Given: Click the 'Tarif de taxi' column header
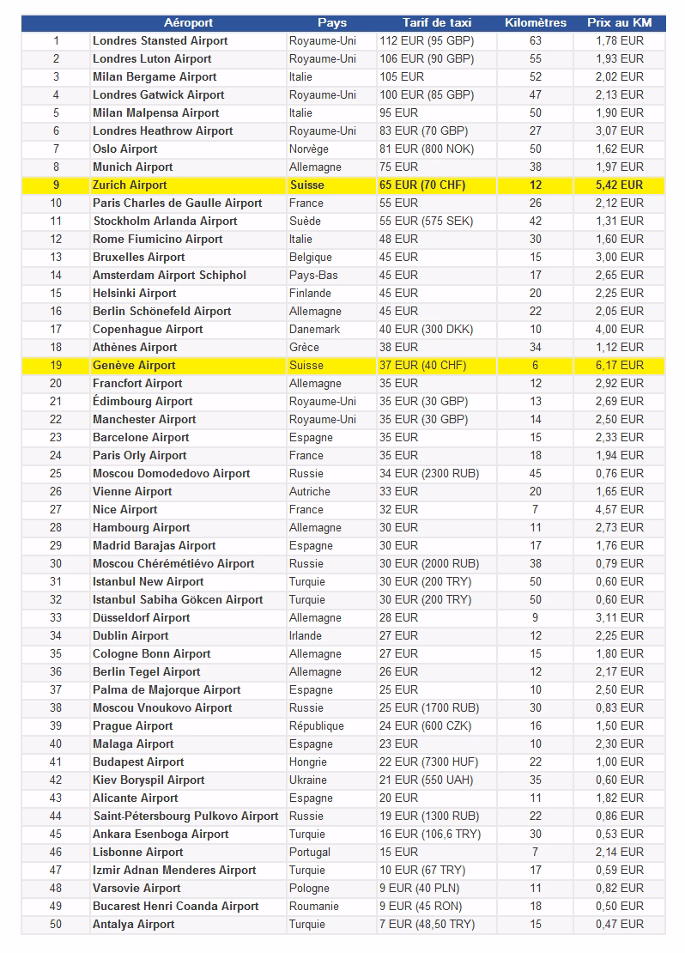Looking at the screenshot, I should [437, 22].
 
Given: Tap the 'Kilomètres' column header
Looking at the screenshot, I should [536, 22].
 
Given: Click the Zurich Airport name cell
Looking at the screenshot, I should [130, 185].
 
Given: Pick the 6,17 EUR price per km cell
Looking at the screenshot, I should [620, 365].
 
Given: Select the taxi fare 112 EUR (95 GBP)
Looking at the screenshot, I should [427, 40].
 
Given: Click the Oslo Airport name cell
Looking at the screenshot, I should [125, 149].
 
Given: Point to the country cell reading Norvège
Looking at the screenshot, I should [309, 149].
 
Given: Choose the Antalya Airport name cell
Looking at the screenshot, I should [133, 924].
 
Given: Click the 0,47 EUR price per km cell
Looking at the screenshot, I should [620, 924].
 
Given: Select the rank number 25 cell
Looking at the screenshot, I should [56, 473].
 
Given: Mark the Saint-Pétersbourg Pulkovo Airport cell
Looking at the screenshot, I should [185, 816].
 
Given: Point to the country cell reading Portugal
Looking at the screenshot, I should [310, 852].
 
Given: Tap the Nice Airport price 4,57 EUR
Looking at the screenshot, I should [620, 509].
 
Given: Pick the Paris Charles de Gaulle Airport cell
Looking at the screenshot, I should [178, 203].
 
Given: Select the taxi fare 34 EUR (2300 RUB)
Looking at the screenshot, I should [429, 473].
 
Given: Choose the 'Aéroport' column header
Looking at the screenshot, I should [189, 22].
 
